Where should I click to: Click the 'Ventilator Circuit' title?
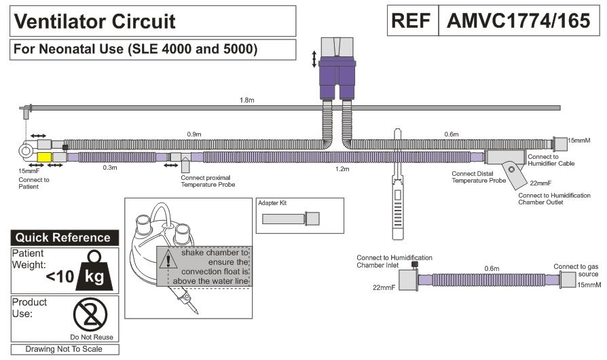[94, 21]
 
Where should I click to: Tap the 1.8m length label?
[248, 101]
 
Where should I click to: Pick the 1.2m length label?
[342, 168]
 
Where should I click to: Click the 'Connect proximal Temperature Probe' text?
[208, 180]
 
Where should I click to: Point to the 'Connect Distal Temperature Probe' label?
[478, 177]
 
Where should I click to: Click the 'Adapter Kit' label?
[274, 202]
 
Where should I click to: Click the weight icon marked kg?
[92, 272]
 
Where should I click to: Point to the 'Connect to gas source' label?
[577, 270]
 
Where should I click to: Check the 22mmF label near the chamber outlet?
[540, 183]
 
